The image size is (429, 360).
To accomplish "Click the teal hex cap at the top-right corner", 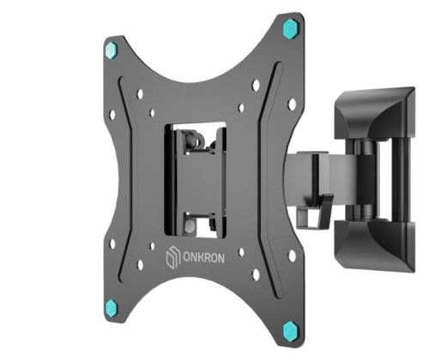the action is coord(290,28).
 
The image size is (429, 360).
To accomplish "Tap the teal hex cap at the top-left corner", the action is coord(112,51).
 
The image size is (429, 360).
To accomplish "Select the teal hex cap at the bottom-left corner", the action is coord(112,308).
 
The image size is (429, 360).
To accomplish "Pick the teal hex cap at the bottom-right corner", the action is coord(291,331).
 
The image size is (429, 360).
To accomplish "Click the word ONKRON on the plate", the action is coord(203,258).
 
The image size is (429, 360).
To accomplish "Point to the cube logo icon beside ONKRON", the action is coord(172,258).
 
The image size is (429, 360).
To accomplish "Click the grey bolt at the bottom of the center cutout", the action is coord(190,226).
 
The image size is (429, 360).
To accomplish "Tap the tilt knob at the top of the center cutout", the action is coord(190,140).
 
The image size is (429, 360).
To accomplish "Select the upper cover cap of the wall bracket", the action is coord(375,114).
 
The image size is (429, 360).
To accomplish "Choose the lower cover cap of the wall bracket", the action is coord(375,246).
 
